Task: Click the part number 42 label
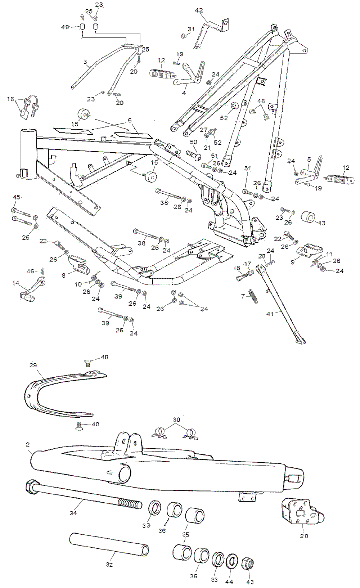[x=199, y=11]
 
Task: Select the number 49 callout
[x=65, y=27]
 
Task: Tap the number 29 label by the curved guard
[x=33, y=365]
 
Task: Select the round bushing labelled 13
[x=308, y=217]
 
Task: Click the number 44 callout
[x=229, y=582]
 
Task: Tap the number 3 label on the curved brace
[x=85, y=62]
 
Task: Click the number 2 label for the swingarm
[x=28, y=445]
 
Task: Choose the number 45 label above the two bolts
[x=17, y=197]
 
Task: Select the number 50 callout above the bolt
[x=193, y=142]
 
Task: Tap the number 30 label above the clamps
[x=176, y=420]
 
